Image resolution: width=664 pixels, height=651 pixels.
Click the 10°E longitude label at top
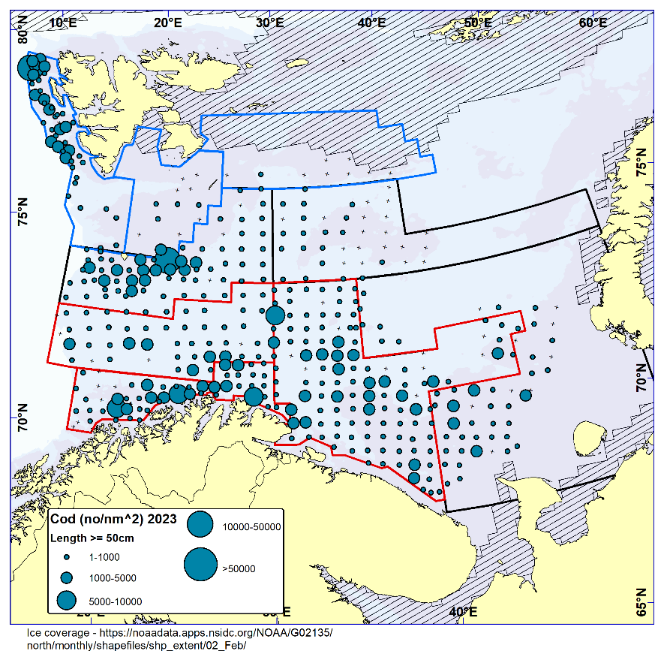click(x=62, y=23)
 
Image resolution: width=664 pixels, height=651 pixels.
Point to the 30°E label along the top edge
click(x=269, y=23)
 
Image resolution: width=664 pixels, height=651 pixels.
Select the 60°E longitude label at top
click(x=593, y=23)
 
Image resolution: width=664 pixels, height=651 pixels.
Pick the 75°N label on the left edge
click(x=23, y=213)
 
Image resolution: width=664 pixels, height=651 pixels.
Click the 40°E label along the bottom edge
click(x=463, y=611)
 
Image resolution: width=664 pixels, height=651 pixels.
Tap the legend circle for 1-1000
click(x=66, y=557)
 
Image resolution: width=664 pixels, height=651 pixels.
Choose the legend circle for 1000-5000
click(x=66, y=577)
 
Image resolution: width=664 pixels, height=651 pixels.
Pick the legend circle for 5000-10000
click(x=66, y=600)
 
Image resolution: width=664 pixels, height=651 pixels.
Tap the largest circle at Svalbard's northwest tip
click(x=29, y=68)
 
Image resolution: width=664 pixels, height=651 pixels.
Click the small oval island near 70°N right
click(x=589, y=436)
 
